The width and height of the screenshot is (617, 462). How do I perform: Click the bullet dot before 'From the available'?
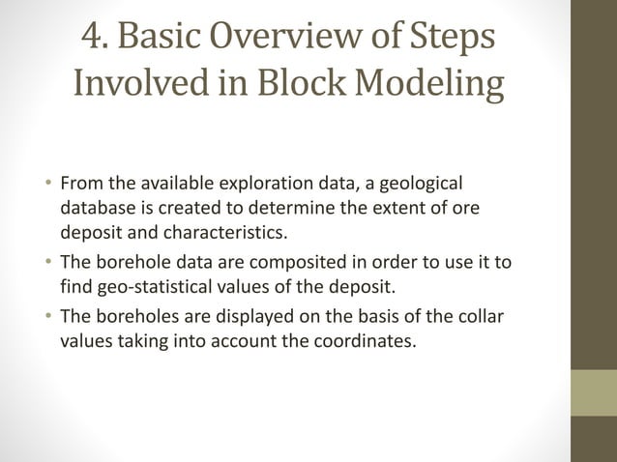[x=47, y=184]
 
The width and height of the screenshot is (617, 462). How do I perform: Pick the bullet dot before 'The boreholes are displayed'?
[x=47, y=317]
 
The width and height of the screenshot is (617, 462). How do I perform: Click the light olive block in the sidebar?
[x=593, y=393]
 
